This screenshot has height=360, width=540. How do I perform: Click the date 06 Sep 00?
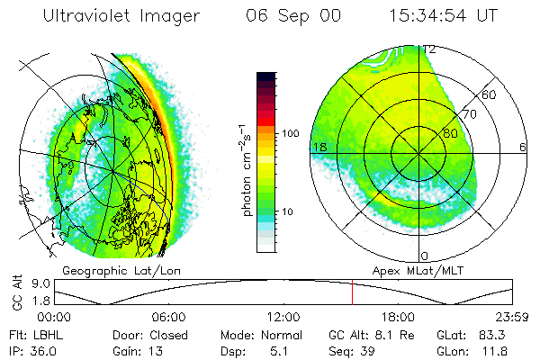click(282, 15)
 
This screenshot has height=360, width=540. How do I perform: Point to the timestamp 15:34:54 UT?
click(445, 15)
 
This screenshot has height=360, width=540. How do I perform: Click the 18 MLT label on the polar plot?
click(318, 147)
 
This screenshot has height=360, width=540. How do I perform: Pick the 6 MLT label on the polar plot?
click(523, 147)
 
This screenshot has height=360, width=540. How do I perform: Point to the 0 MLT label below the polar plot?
click(425, 256)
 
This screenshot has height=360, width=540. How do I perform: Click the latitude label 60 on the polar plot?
click(490, 94)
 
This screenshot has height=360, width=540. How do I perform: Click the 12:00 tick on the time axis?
click(283, 317)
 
